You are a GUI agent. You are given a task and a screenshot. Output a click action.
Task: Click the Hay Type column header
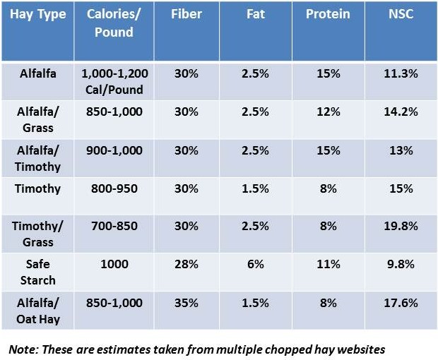point(37,14)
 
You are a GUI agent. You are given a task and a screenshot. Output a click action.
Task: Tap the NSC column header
point(401,14)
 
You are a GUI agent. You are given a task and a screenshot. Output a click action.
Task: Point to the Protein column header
point(328,14)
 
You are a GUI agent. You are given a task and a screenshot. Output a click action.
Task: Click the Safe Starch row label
point(37,272)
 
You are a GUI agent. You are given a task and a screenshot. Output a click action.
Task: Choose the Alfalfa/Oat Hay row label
point(37,311)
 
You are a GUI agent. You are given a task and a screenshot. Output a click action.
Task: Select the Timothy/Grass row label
point(37,234)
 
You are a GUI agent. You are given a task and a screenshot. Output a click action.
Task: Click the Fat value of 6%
point(255,264)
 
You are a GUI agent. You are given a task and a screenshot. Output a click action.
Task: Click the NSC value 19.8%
point(401,226)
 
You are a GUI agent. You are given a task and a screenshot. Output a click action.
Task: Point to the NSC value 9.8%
point(401,264)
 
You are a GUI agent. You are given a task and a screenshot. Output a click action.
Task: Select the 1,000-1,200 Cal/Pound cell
point(112,81)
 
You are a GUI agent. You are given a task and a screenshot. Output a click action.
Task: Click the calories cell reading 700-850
point(112,226)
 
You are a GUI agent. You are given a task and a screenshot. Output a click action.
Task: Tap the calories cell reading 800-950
point(112,188)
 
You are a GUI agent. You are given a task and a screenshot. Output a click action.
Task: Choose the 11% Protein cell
point(328,264)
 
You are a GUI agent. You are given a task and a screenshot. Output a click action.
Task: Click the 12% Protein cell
point(328,112)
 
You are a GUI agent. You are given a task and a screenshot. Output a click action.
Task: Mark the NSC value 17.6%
point(401,303)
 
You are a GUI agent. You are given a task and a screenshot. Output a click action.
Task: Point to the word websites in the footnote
point(361,349)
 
